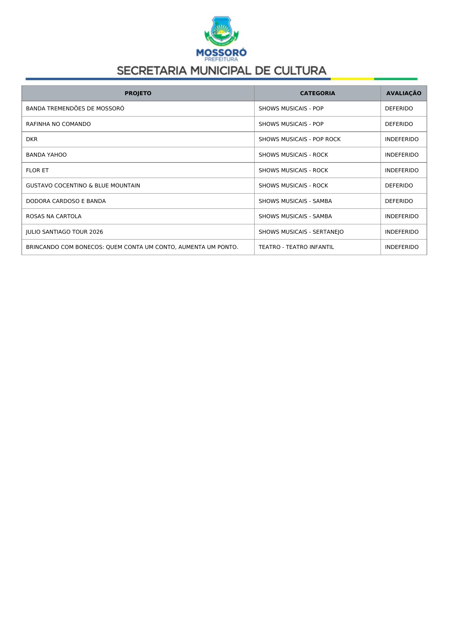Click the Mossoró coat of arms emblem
pyautogui.click(x=221, y=30)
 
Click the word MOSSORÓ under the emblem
pyautogui.click(x=221, y=53)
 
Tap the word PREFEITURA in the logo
pyautogui.click(x=221, y=59)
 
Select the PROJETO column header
pyautogui.click(x=138, y=93)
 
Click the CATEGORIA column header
pyautogui.click(x=317, y=93)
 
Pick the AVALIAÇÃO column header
pyautogui.click(x=403, y=93)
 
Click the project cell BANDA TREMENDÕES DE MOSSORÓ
pyautogui.click(x=75, y=109)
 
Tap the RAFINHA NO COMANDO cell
pyautogui.click(x=58, y=124)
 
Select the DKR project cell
pyautogui.click(x=32, y=139)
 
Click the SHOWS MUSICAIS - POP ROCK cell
pyautogui.click(x=299, y=139)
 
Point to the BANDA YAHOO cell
pyautogui.click(x=46, y=155)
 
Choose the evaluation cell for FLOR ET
pyautogui.click(x=402, y=170)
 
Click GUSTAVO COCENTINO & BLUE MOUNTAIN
pyautogui.click(x=83, y=186)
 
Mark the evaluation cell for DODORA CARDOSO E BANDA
pyautogui.click(x=399, y=201)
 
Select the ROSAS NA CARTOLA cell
pyautogui.click(x=54, y=216)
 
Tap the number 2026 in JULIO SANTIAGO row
pyautogui.click(x=96, y=232)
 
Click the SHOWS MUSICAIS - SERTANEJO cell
pyautogui.click(x=301, y=232)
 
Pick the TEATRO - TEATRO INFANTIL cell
pyautogui.click(x=296, y=247)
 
